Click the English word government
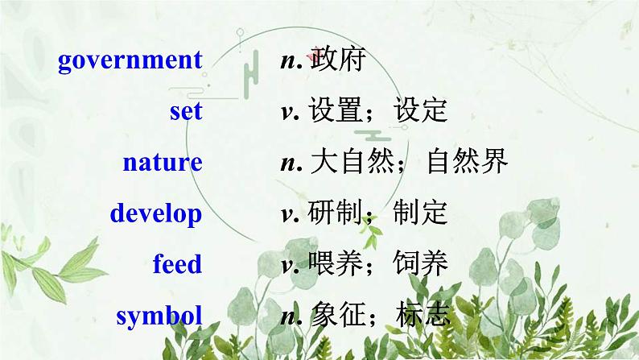130,61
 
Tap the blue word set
186,111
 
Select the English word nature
163,163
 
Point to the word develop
156,214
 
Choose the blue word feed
177,264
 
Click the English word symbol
159,316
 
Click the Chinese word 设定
420,111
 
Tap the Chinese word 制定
420,213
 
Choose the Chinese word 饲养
420,264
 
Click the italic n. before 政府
291,61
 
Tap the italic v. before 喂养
289,265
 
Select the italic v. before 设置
289,112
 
